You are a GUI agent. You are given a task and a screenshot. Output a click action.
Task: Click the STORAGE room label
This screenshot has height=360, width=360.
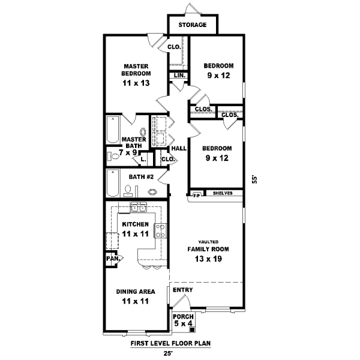click(x=193, y=25)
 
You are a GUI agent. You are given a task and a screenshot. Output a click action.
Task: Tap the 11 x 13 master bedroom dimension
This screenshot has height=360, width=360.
click(x=136, y=83)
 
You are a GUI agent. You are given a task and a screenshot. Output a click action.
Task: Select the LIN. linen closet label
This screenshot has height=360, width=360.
click(x=179, y=76)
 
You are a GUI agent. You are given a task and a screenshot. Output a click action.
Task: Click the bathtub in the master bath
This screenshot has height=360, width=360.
click(x=113, y=130)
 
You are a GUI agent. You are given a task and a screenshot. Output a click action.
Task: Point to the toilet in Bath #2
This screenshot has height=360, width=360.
click(x=128, y=191)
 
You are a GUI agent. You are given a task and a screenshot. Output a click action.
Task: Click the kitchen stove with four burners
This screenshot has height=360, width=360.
click(x=160, y=231)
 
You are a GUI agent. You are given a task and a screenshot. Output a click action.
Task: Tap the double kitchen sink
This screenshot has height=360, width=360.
click(x=139, y=208)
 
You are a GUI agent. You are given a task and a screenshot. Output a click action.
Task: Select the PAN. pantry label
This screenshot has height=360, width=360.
click(x=113, y=259)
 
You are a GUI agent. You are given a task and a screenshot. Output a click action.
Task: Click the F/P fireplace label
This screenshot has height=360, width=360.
click(x=197, y=196)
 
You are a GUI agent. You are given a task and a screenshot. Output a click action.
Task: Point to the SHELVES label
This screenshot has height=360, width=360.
click(x=223, y=193)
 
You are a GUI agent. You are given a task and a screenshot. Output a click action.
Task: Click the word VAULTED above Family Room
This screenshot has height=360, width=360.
click(x=208, y=242)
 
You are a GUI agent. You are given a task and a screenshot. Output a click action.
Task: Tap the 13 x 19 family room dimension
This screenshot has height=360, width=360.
click(x=208, y=259)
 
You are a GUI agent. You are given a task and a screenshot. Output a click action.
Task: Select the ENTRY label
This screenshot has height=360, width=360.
click(x=183, y=290)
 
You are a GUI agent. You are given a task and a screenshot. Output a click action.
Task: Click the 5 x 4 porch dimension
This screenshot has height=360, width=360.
click(x=183, y=323)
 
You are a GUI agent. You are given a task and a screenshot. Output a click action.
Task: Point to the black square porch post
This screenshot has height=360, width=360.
click(x=192, y=330)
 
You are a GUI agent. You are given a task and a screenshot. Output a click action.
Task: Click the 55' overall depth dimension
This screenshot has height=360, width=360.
click(x=254, y=179)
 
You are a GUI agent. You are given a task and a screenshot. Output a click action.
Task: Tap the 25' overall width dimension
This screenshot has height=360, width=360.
click(x=168, y=353)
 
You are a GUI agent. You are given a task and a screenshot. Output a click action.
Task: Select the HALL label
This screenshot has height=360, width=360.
click(x=179, y=149)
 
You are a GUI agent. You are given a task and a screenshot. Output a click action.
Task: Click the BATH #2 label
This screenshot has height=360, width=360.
click(x=141, y=177)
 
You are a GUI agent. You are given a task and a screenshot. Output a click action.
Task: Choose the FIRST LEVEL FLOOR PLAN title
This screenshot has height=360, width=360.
click(x=170, y=343)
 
